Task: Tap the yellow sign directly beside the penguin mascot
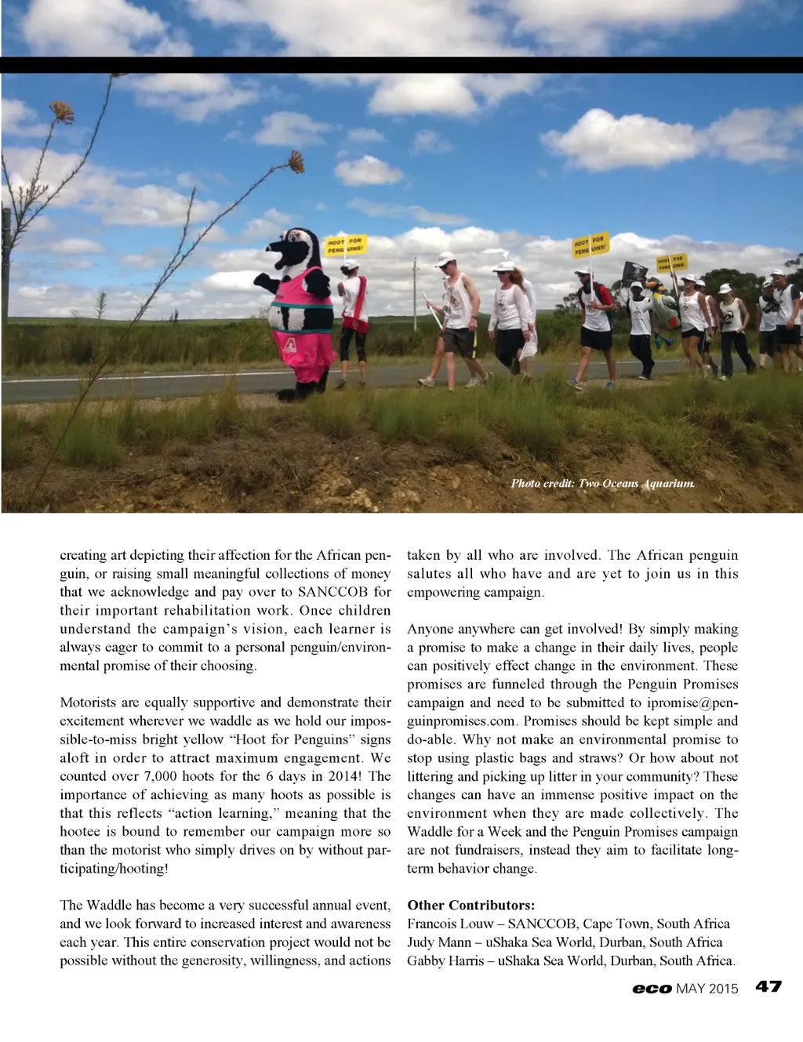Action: [x=345, y=245]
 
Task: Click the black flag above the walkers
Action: [x=634, y=271]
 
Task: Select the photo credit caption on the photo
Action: [x=602, y=483]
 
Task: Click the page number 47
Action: [x=768, y=986]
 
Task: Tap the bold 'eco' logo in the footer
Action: [x=652, y=989]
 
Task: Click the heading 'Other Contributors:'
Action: [x=471, y=905]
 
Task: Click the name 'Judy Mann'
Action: [x=439, y=942]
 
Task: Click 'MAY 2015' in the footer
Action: [x=707, y=989]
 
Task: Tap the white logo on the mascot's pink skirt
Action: [x=289, y=343]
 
